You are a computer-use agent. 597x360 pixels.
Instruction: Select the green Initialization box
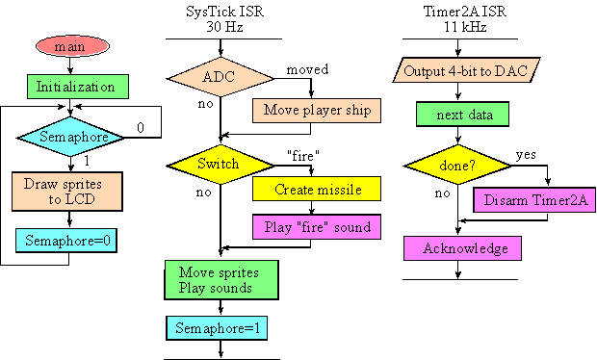pos(76,87)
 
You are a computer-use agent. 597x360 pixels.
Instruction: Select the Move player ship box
pos(318,110)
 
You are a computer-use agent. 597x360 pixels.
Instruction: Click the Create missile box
pos(318,190)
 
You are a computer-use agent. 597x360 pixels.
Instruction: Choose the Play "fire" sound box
pos(318,228)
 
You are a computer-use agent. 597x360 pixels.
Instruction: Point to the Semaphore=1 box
pos(221,328)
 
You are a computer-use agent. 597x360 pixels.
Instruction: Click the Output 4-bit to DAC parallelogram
pos(467,70)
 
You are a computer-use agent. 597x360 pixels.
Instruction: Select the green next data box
pos(462,114)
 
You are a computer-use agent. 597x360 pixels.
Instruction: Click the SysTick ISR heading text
pos(221,12)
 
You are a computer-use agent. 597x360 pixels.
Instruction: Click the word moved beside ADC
pos(307,70)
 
